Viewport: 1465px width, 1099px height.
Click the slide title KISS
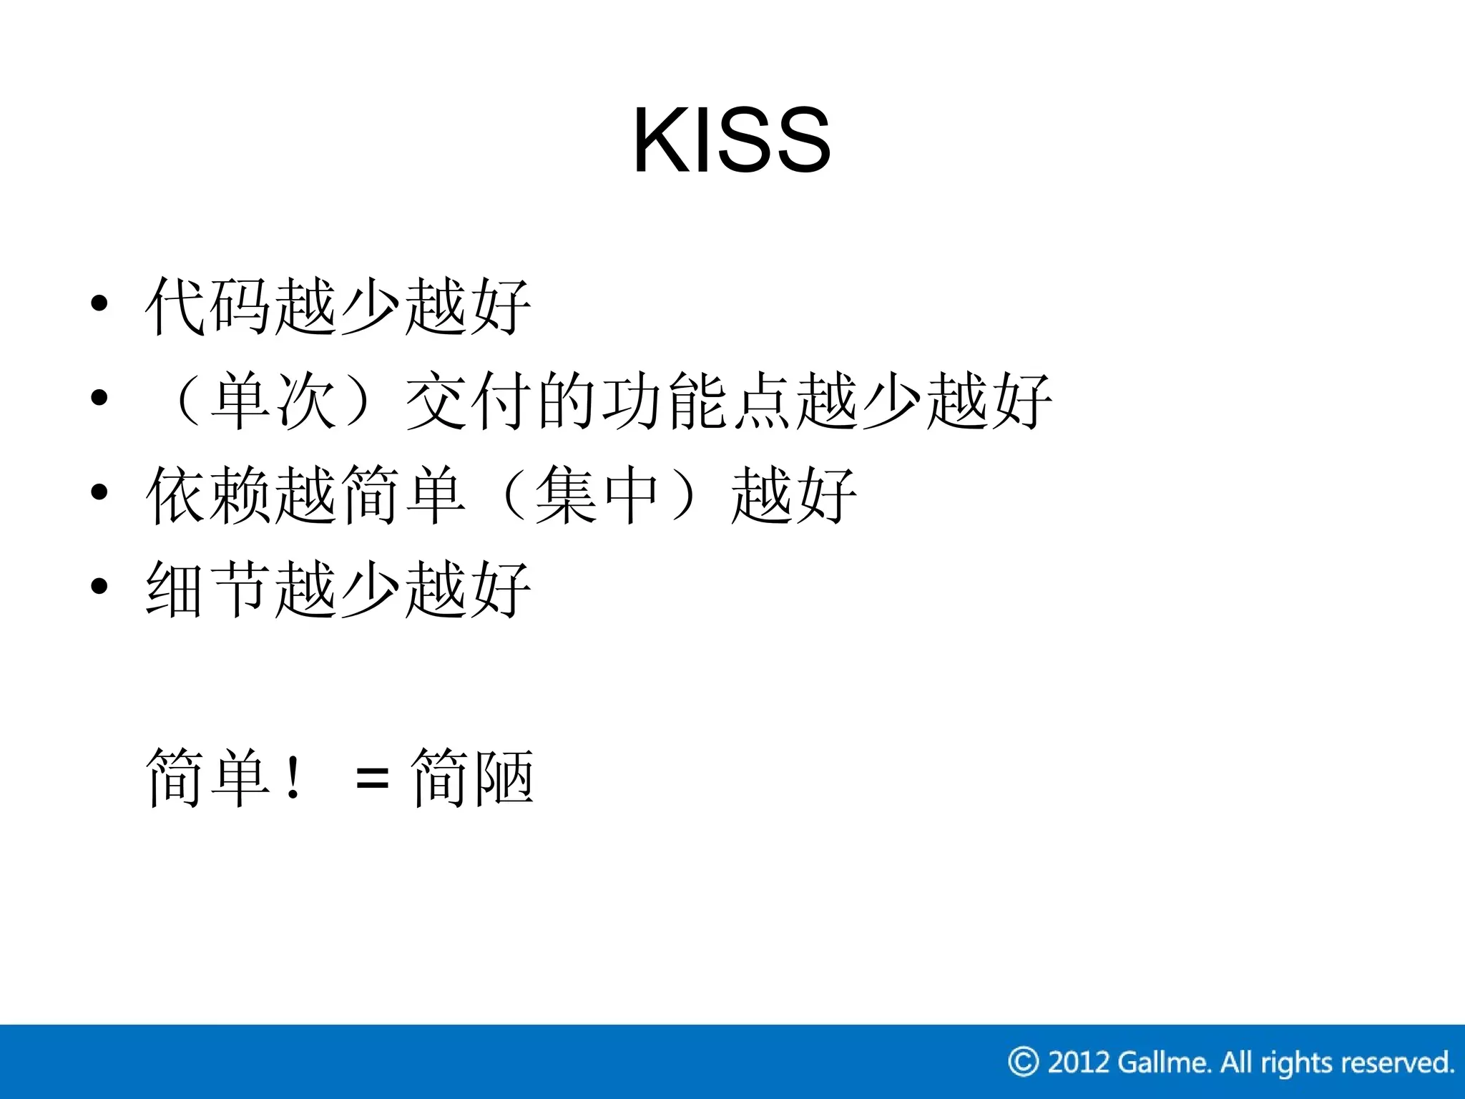731,140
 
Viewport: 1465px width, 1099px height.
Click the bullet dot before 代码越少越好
99,303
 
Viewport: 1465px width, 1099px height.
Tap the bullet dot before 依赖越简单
99,492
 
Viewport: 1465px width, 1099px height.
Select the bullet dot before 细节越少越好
99,586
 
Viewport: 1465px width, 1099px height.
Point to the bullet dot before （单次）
99,397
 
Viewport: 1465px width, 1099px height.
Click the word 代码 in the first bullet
207,306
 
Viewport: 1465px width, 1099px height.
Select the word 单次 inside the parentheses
274,401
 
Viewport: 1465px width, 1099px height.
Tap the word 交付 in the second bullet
469,401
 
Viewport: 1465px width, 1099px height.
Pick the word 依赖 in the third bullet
207,495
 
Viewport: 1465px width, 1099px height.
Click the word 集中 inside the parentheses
597,495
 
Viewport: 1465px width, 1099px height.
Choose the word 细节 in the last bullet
207,589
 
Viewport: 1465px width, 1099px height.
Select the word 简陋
472,778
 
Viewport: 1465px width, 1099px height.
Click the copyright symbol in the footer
1023,1062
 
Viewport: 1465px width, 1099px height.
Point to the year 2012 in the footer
1078,1063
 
